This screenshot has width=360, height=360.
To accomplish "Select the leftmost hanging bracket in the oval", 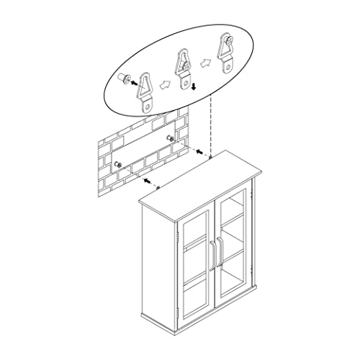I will click(x=148, y=90).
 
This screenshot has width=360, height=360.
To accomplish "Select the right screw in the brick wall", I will click(x=169, y=138).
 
